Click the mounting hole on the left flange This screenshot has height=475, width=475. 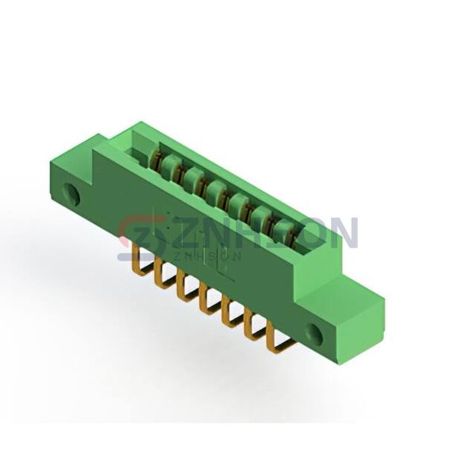click(x=70, y=193)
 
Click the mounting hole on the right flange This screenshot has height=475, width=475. click(x=314, y=333)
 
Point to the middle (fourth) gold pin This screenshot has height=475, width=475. click(x=205, y=300)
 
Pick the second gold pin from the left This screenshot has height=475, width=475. click(x=160, y=271)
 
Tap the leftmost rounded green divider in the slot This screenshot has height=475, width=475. click(x=170, y=165)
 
